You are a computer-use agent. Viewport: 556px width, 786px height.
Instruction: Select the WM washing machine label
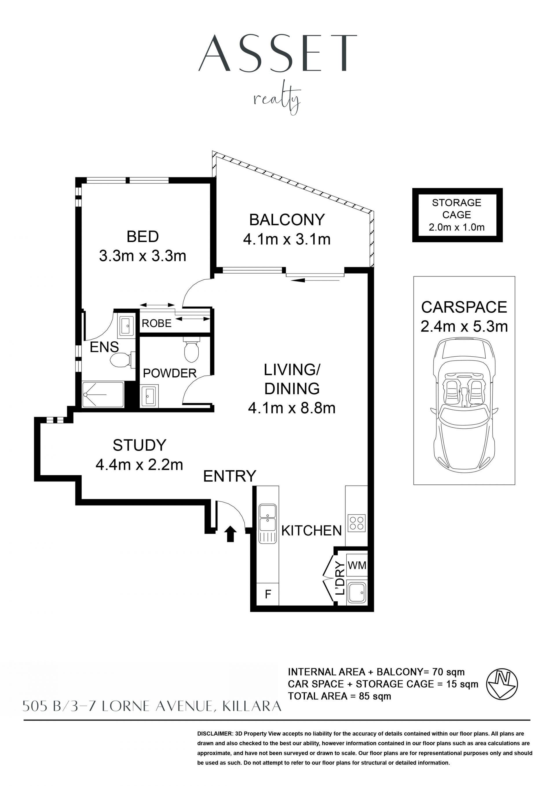357,565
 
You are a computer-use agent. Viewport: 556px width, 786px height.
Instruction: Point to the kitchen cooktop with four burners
357,523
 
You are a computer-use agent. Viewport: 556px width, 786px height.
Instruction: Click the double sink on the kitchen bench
267,523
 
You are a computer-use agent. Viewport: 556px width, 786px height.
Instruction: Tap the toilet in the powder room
191,349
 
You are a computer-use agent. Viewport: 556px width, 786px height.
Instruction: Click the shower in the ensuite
103,394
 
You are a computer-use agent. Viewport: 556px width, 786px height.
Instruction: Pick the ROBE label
156,323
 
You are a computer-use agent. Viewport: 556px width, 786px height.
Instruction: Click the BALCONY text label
287,220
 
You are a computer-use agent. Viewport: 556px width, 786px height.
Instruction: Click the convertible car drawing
464,404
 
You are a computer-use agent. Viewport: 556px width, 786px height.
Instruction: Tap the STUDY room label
139,445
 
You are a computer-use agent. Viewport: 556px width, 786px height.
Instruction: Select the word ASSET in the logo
278,53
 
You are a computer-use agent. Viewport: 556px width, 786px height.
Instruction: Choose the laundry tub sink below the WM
357,592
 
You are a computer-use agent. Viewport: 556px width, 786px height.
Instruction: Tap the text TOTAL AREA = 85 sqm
339,696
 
